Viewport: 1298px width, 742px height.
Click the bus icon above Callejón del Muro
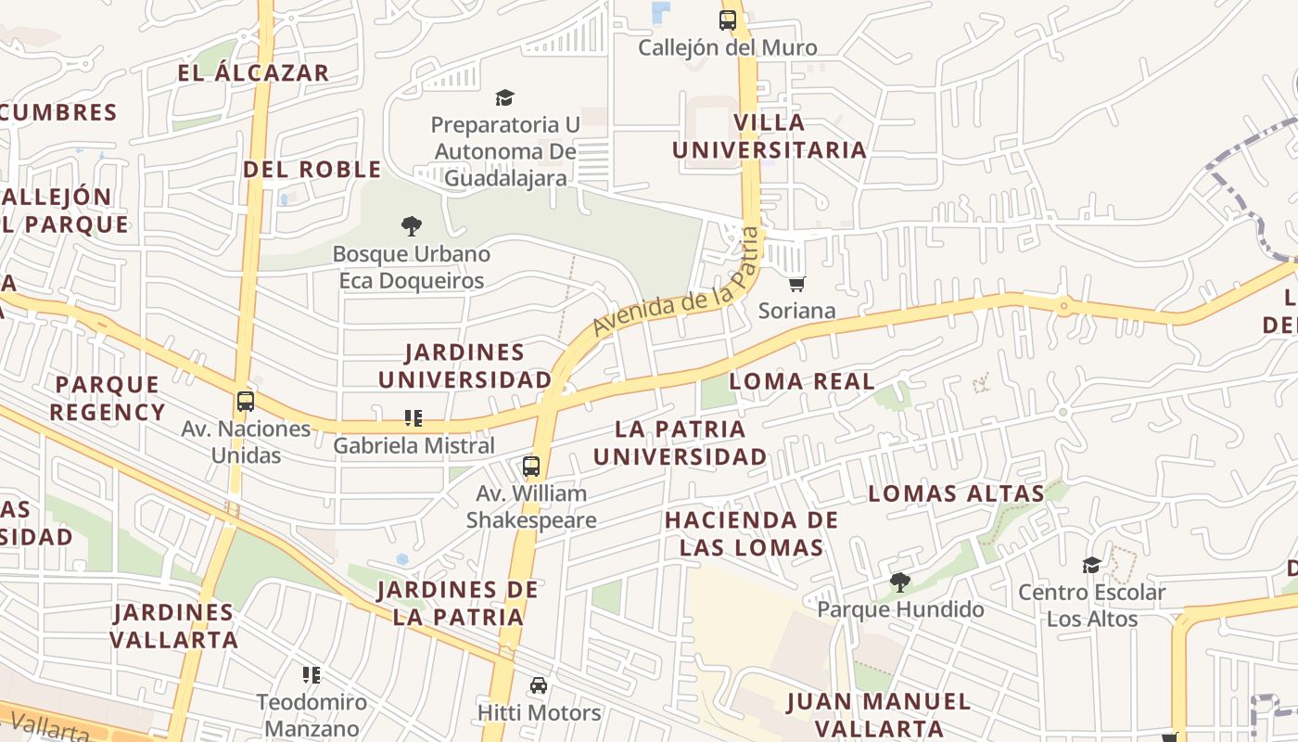(x=728, y=19)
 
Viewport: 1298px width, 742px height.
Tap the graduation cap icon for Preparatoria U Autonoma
(x=504, y=97)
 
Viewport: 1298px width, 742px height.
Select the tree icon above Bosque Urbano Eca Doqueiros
(x=412, y=225)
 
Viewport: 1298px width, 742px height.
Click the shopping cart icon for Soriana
(x=796, y=283)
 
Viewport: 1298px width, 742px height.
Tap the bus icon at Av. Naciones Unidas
(x=246, y=402)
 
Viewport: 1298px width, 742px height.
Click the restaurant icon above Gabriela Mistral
(x=414, y=418)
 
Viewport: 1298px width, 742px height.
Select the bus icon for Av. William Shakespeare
(x=531, y=467)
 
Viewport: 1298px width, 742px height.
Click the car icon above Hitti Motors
(x=539, y=685)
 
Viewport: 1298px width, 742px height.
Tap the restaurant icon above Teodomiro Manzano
(x=312, y=674)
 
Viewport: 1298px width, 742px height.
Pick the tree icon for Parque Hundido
(x=899, y=582)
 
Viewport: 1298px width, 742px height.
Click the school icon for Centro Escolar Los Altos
(x=1091, y=565)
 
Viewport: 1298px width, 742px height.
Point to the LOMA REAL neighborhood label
(x=802, y=381)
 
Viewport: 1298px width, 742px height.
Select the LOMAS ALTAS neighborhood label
(x=956, y=493)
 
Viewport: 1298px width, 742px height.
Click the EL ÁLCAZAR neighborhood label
(x=253, y=73)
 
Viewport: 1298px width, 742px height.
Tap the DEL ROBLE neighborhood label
(x=312, y=170)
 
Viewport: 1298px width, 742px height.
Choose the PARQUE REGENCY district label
(x=107, y=398)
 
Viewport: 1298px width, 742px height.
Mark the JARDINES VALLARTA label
(x=173, y=625)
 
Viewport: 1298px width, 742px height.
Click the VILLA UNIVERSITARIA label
(x=770, y=136)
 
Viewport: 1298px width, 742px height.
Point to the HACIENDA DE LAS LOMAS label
(x=751, y=533)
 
